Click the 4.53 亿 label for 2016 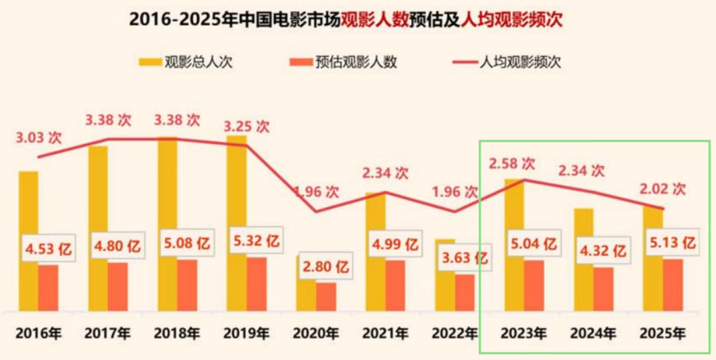click(x=48, y=251)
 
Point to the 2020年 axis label click(x=316, y=333)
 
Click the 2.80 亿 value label click(x=326, y=269)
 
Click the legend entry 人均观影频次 click(x=507, y=62)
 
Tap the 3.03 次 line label click(x=38, y=139)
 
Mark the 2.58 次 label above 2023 click(x=511, y=163)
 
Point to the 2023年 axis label click(x=524, y=333)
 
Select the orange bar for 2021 click(x=395, y=285)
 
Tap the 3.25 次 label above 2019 click(x=247, y=126)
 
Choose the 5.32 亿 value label click(x=257, y=243)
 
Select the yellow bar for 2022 click(x=445, y=292)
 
